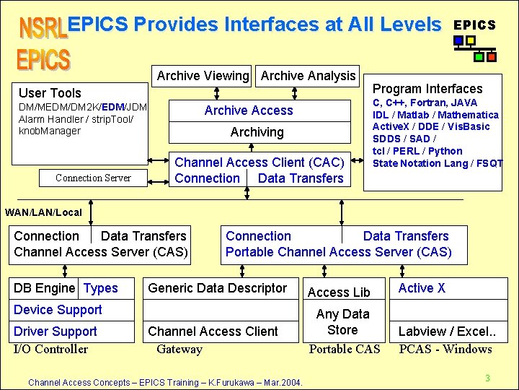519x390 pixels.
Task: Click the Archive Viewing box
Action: [203, 75]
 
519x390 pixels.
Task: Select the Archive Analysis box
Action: [308, 75]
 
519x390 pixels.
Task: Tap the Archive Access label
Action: [249, 110]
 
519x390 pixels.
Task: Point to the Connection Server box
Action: [93, 178]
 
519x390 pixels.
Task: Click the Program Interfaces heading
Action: [427, 89]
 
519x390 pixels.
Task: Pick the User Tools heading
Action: [50, 92]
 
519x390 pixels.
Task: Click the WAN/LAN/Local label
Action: [43, 212]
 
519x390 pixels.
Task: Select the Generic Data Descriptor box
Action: [217, 288]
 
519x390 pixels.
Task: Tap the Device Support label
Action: [58, 310]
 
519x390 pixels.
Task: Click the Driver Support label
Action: [55, 331]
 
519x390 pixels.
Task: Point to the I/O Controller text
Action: [50, 350]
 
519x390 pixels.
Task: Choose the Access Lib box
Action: [339, 292]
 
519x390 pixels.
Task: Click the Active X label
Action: [422, 288]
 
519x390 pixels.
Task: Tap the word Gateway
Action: [179, 350]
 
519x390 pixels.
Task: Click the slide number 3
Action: [487, 378]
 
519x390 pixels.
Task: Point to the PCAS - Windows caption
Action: [445, 350]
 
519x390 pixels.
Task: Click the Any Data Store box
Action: [342, 322]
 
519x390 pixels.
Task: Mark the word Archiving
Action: [257, 132]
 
